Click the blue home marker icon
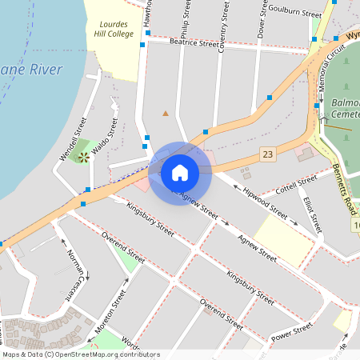(x=180, y=172)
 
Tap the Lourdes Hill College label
(x=110, y=29)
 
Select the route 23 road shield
(x=267, y=154)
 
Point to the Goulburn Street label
(x=294, y=10)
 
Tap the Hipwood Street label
(x=260, y=202)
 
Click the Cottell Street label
(x=296, y=188)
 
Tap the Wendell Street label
(x=73, y=138)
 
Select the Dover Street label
(x=261, y=18)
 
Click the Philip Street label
(x=186, y=20)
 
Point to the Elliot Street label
(x=313, y=214)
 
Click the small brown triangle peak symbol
(x=166, y=114)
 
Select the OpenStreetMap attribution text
(x=80, y=354)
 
